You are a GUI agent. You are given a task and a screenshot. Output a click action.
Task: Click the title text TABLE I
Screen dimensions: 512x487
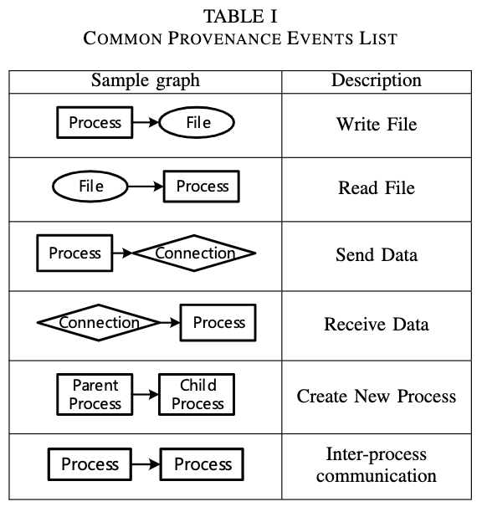coord(243,15)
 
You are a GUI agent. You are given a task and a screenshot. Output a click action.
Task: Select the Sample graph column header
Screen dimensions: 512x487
coord(146,81)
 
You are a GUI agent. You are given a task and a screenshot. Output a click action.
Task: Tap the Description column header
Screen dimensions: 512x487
coord(376,81)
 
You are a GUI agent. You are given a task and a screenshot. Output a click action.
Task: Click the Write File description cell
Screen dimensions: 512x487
coord(376,125)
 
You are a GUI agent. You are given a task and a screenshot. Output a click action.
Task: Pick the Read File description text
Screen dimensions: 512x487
coord(376,187)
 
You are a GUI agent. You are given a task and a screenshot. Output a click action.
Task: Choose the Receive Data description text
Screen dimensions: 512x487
coord(376,324)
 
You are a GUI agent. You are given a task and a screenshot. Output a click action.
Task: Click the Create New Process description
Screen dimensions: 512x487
coord(376,395)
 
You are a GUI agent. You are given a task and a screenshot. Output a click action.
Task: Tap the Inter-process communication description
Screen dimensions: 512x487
coord(376,465)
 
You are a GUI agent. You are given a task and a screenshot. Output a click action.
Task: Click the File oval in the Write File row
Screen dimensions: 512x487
coord(197,124)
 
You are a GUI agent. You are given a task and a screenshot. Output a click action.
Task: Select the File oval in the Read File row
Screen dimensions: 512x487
coord(90,187)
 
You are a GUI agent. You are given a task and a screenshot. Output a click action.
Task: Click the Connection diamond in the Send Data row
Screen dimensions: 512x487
coord(194,253)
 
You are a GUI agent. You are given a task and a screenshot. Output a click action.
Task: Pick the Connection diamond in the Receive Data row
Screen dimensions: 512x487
coord(99,323)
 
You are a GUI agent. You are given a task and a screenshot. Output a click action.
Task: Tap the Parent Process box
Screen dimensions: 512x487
coord(95,394)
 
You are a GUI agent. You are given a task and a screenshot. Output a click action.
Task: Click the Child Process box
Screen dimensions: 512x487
coord(197,394)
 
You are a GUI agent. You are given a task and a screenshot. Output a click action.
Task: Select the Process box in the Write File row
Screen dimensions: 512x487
coord(95,123)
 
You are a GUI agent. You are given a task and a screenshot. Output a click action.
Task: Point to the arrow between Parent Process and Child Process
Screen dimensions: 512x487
coord(146,395)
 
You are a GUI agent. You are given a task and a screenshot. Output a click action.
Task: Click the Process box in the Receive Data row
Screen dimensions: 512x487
coord(218,323)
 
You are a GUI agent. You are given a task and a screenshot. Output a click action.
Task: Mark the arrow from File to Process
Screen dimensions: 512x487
coord(146,187)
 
